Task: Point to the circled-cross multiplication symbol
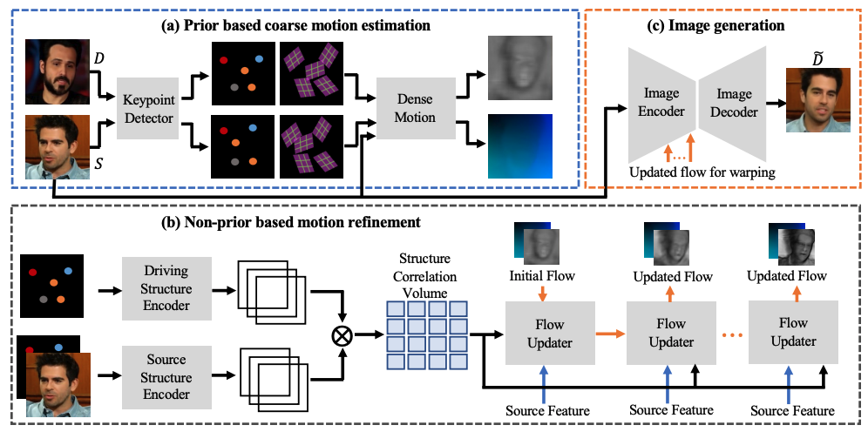pyautogui.click(x=343, y=334)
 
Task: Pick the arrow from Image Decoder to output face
pyautogui.click(x=773, y=103)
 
